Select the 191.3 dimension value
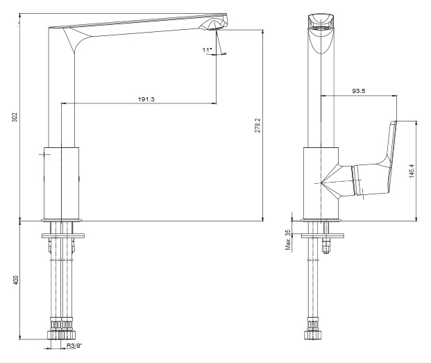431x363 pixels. [x=146, y=99]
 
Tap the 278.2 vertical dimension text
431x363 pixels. [x=257, y=126]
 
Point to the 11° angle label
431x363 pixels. [x=208, y=50]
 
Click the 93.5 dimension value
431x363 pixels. [x=359, y=91]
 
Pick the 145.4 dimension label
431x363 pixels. [x=412, y=171]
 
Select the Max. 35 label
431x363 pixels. [x=288, y=240]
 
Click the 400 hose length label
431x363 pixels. [x=16, y=280]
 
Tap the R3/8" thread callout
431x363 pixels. [x=74, y=346]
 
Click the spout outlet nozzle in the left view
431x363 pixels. [x=213, y=25]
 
